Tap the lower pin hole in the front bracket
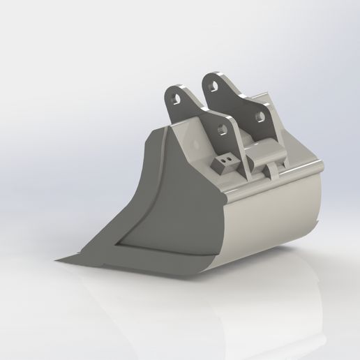coord(223,130)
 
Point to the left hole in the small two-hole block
coord(220,162)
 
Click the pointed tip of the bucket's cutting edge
coord(57,260)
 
